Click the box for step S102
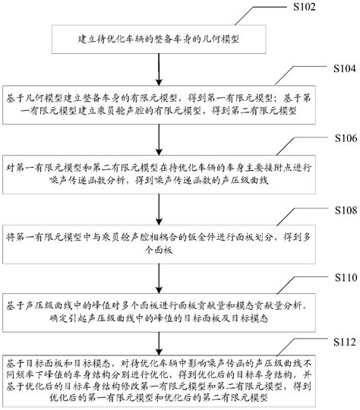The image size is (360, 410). pyautogui.click(x=159, y=36)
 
